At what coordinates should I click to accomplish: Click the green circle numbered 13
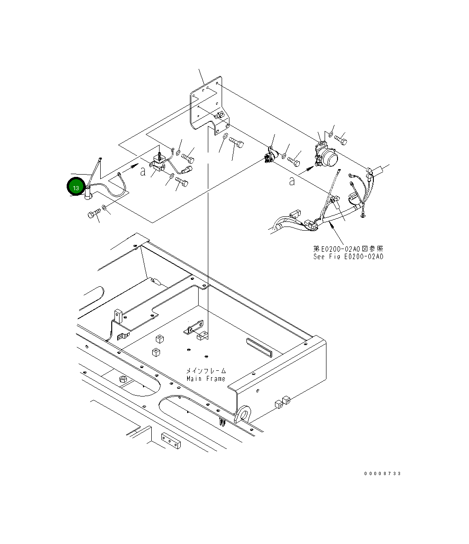click(x=75, y=187)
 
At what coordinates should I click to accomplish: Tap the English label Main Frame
click(x=206, y=379)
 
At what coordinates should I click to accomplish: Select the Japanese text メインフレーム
click(x=206, y=370)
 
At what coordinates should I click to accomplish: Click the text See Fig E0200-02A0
click(x=348, y=256)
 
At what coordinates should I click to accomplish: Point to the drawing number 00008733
click(x=382, y=473)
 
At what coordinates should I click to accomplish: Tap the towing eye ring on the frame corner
click(x=244, y=414)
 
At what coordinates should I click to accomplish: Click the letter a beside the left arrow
click(x=143, y=171)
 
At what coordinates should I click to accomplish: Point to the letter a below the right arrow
click(x=292, y=181)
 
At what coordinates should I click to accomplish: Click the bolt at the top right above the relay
click(x=341, y=137)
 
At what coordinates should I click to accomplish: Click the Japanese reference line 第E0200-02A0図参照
click(x=348, y=249)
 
